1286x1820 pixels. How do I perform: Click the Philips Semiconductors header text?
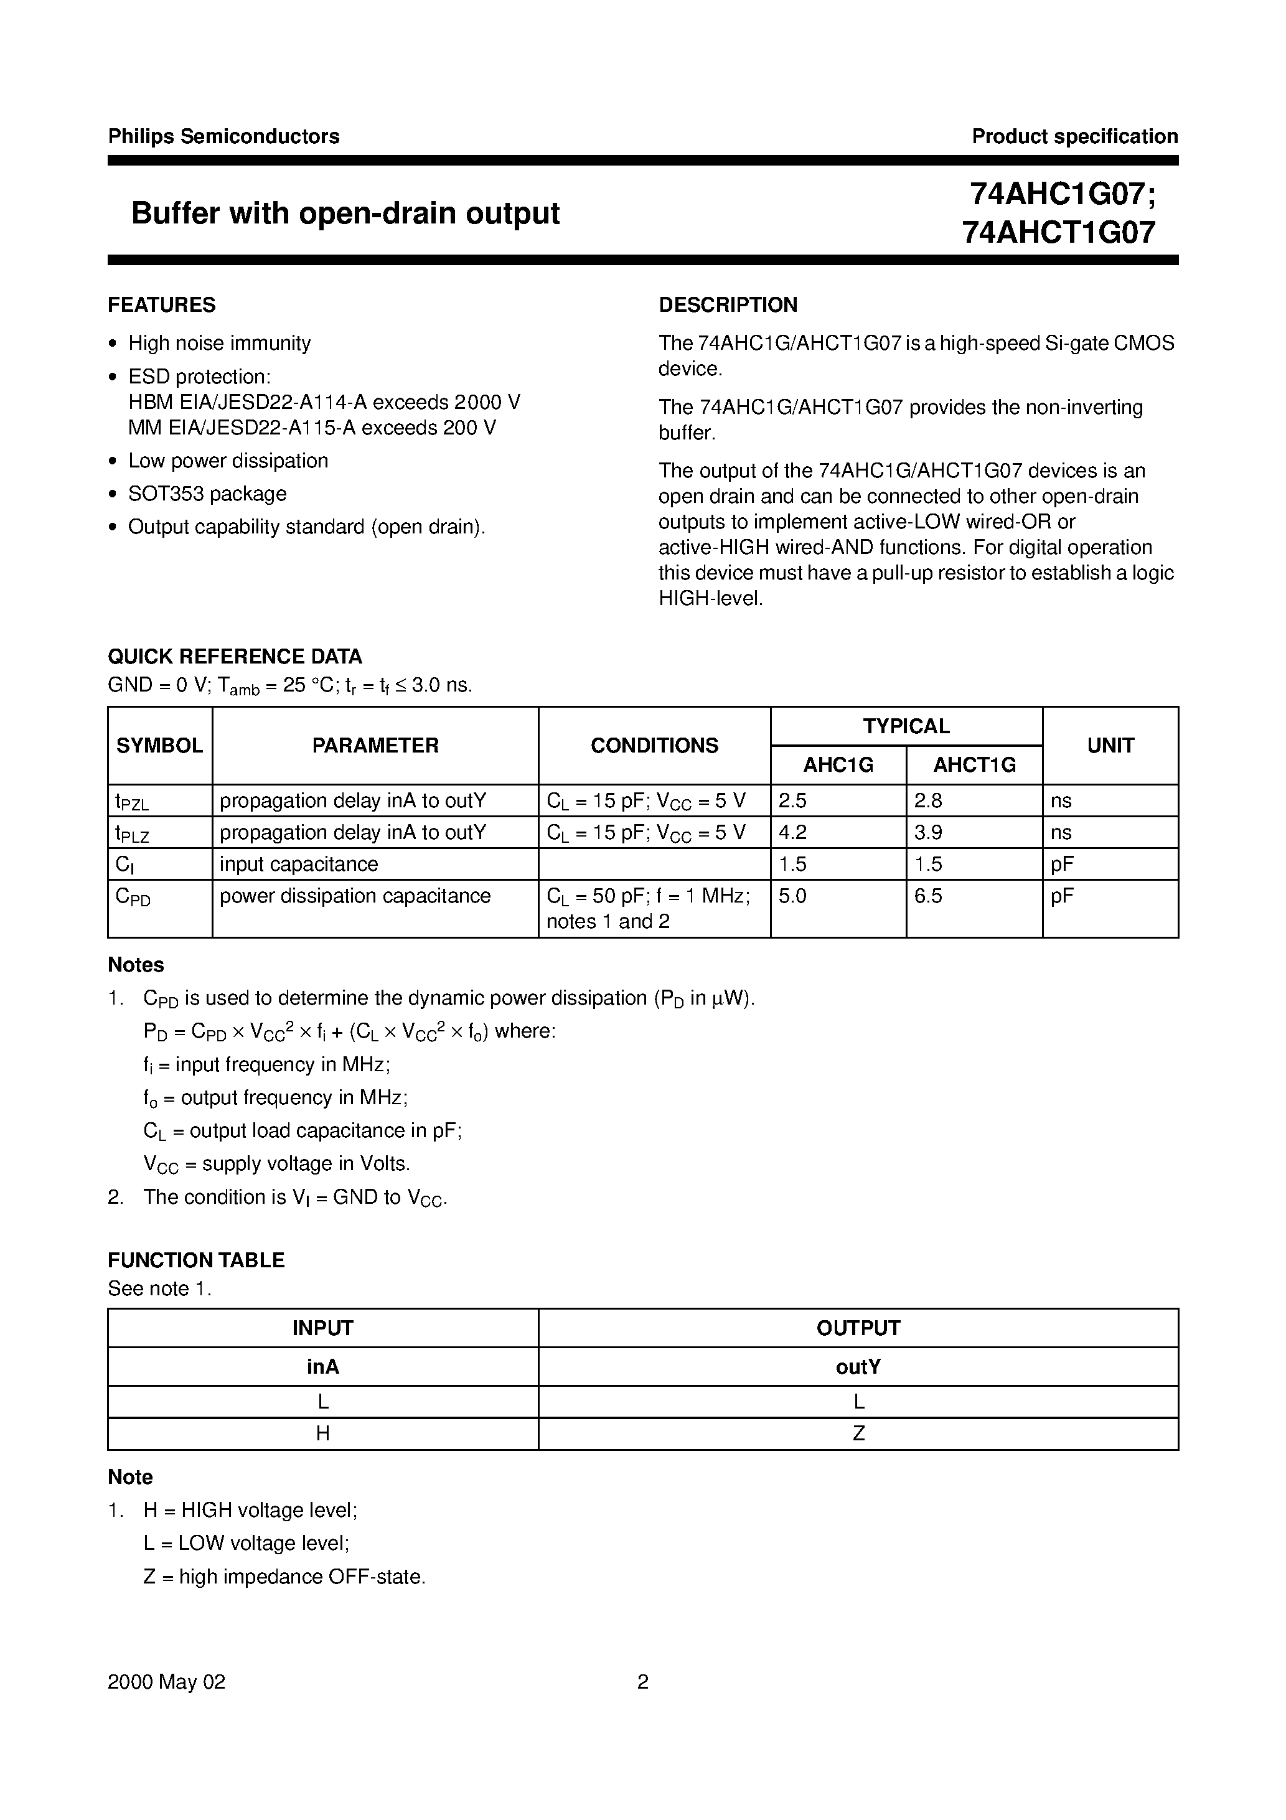223,136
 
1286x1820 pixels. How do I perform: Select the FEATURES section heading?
161,305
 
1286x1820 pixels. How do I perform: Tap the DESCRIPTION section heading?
728,305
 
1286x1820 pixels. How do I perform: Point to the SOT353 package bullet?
207,494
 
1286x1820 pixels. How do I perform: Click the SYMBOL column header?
159,745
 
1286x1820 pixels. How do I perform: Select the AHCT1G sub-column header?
974,765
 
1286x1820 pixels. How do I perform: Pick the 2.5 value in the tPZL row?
792,800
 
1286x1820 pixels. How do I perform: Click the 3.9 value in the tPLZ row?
927,832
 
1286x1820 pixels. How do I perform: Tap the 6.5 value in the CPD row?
927,896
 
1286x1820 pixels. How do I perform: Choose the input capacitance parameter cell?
298,864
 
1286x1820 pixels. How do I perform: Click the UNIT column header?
1110,745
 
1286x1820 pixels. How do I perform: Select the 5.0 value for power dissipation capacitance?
792,896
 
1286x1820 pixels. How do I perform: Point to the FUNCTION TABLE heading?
196,1260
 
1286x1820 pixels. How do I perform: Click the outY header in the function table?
858,1367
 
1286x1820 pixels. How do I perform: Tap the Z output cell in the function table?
858,1433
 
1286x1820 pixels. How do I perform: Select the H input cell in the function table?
322,1433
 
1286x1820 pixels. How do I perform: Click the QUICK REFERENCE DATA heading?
235,656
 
